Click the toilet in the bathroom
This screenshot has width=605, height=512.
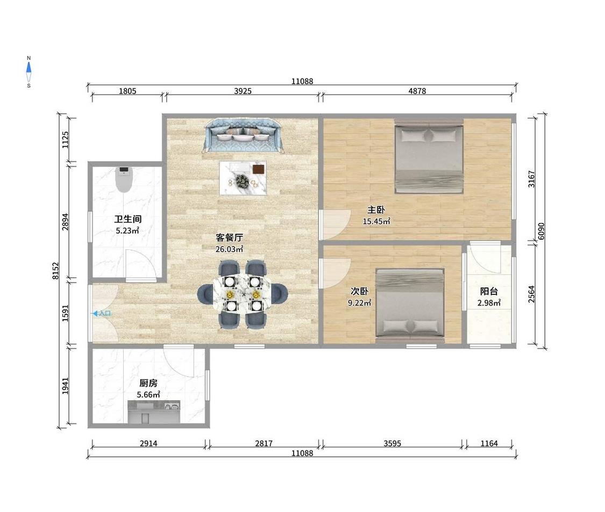click(x=124, y=179)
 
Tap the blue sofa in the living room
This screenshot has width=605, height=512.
click(x=244, y=135)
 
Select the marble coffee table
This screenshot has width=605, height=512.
click(x=243, y=178)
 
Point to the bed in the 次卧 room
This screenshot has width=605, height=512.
click(x=410, y=306)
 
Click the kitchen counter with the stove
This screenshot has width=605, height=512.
click(x=154, y=412)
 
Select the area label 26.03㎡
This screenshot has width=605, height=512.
click(x=229, y=249)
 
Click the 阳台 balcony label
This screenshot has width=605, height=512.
click(x=489, y=292)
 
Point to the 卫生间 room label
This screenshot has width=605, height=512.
click(x=127, y=219)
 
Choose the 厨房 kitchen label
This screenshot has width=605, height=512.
click(x=148, y=383)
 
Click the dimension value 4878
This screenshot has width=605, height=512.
click(x=417, y=91)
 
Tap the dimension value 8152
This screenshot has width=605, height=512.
click(x=56, y=271)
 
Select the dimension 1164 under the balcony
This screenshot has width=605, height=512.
click(x=489, y=443)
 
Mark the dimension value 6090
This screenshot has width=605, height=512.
click(x=542, y=231)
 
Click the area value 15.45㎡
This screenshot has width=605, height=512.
click(x=376, y=221)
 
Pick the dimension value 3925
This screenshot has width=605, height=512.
click(x=243, y=91)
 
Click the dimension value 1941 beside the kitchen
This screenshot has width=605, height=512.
click(x=66, y=386)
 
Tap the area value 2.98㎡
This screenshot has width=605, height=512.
click(x=489, y=303)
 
